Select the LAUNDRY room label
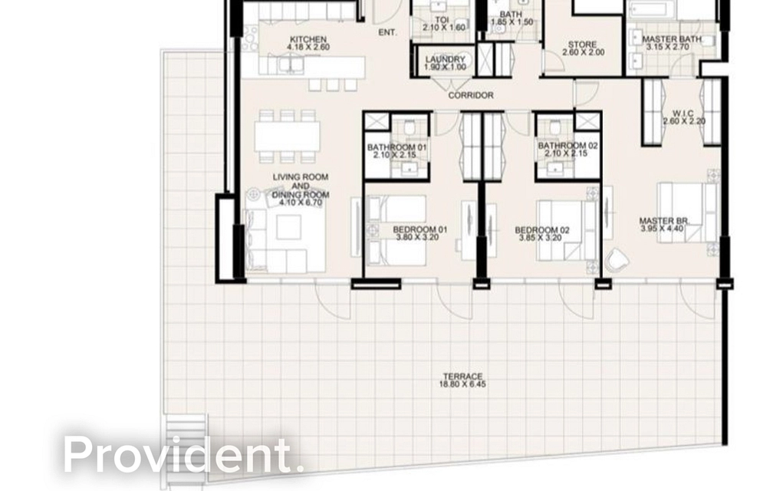tap(445, 64)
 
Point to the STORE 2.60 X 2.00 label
tap(583, 49)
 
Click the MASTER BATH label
tap(667, 43)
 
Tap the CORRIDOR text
tap(471, 96)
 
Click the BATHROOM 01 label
tap(396, 150)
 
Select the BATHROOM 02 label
tap(567, 150)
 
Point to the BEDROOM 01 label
tap(419, 233)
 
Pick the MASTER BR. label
tap(665, 226)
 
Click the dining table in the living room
tap(288, 137)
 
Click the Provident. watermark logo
tap(179, 454)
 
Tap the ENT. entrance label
tap(388, 32)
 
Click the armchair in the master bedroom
tap(617, 260)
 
